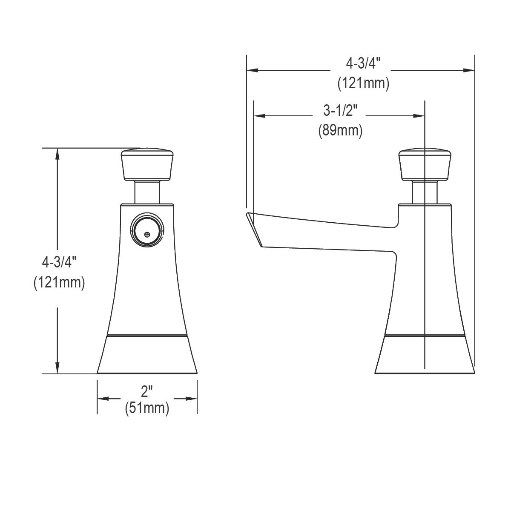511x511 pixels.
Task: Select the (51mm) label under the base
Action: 147,408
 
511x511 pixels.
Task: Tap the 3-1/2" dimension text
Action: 340,111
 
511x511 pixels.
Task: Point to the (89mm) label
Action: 340,130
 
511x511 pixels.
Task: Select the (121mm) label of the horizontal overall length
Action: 363,83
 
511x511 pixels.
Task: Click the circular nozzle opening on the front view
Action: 147,230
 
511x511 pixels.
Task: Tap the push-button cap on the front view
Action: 147,164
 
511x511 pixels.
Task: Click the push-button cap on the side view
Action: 425,164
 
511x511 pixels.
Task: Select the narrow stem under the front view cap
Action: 147,192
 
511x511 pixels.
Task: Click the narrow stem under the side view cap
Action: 425,192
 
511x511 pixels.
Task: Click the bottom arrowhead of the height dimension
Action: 57,369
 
